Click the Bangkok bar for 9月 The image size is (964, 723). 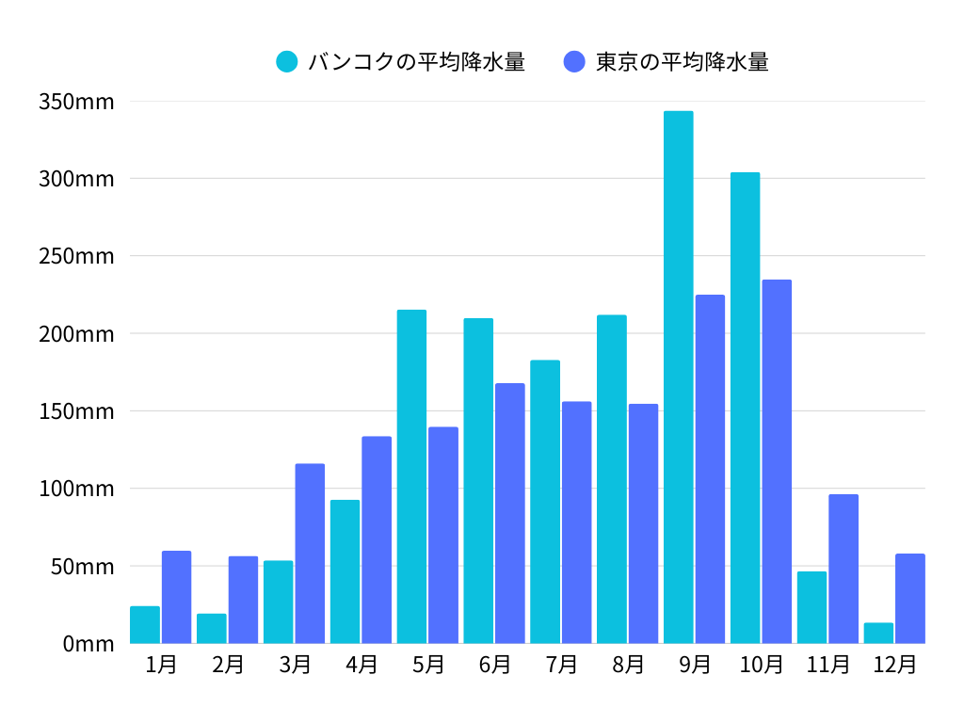[x=678, y=377]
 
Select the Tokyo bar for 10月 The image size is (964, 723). [x=777, y=461]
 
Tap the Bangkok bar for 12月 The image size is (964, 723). [x=878, y=633]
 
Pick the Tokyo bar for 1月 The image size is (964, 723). [x=176, y=597]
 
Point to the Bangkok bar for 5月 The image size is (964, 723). [x=411, y=476]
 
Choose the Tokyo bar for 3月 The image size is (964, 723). [x=310, y=554]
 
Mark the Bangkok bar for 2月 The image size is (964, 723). [x=211, y=628]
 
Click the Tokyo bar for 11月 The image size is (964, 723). [x=843, y=569]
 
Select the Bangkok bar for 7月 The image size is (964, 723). [x=545, y=502]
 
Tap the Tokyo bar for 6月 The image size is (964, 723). [x=510, y=513]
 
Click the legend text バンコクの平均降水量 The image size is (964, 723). [x=416, y=62]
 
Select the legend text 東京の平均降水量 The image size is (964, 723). [x=683, y=62]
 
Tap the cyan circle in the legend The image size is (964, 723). [x=287, y=62]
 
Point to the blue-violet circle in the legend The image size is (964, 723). [x=574, y=62]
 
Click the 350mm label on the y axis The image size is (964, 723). [x=76, y=102]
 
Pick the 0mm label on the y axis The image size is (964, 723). [x=88, y=644]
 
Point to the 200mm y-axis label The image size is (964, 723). [x=76, y=334]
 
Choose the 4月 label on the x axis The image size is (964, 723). [x=361, y=665]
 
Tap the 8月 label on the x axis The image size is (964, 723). [x=628, y=665]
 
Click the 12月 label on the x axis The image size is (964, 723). [x=894, y=665]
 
